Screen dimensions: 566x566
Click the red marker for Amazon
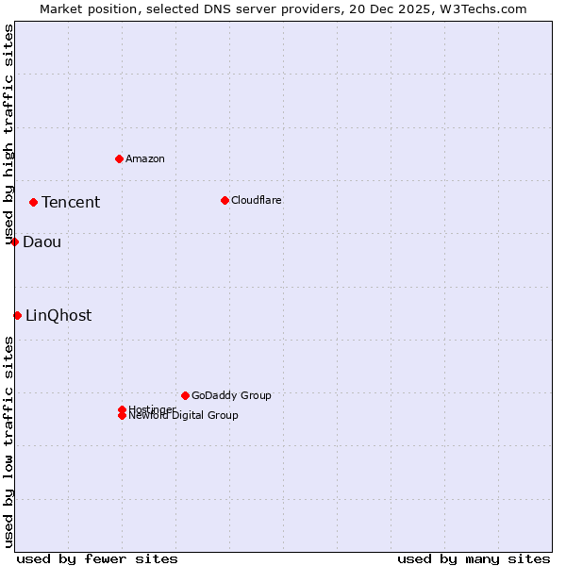click(x=119, y=158)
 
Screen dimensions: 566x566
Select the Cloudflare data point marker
click(x=225, y=200)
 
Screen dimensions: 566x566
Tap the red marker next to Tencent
click(x=33, y=202)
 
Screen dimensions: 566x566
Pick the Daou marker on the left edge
click(x=15, y=241)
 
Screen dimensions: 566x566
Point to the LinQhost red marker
click(x=17, y=315)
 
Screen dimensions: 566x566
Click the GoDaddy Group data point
click(x=185, y=395)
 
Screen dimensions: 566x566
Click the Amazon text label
click(x=145, y=158)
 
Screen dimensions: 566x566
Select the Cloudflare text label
click(x=257, y=200)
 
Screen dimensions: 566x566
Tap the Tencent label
click(x=71, y=202)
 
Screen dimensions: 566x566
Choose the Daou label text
click(x=42, y=241)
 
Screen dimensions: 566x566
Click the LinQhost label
click(x=58, y=315)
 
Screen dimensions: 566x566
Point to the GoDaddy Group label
click(x=231, y=395)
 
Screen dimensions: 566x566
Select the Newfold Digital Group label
click(x=184, y=416)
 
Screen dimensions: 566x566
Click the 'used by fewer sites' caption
click(x=97, y=558)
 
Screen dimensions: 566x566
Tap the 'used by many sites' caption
click(x=474, y=558)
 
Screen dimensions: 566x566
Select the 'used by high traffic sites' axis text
click(x=8, y=134)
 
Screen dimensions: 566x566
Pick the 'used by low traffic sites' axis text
click(x=8, y=441)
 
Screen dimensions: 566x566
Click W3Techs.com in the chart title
click(x=480, y=8)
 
